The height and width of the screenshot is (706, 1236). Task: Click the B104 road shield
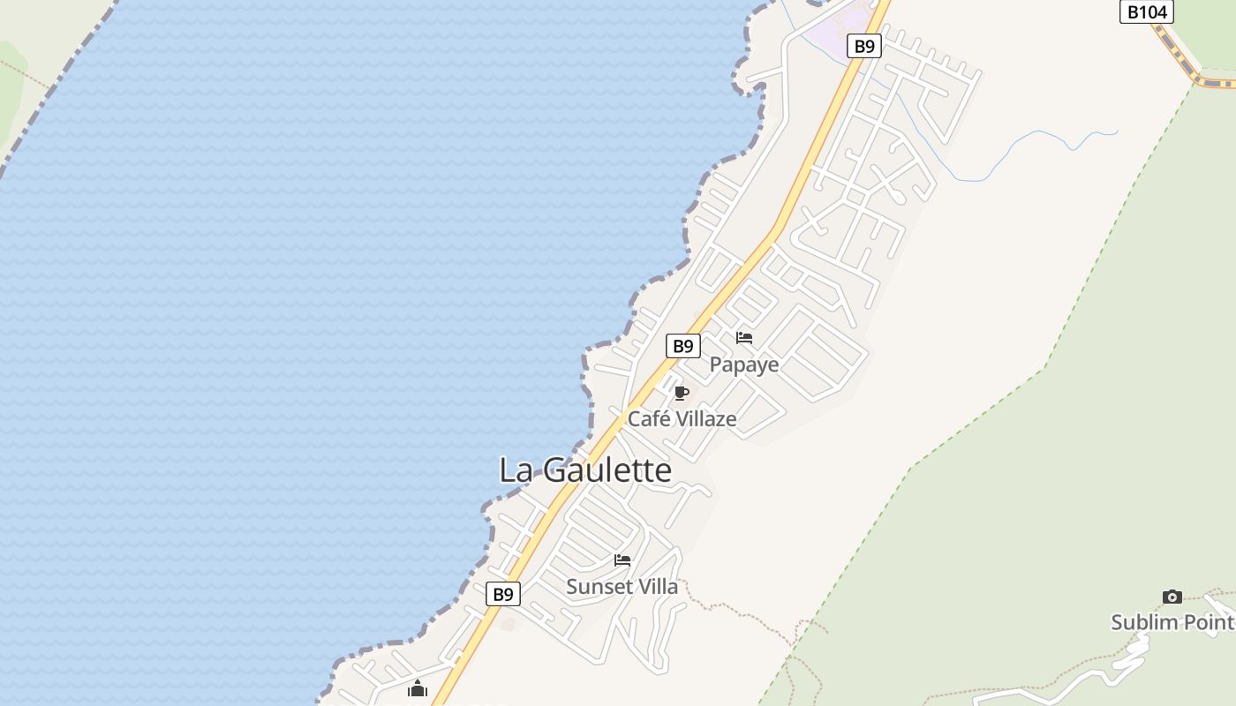coord(1146,11)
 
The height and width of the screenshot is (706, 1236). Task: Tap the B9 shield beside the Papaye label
coord(682,346)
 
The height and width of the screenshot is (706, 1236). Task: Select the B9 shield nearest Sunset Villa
coord(502,594)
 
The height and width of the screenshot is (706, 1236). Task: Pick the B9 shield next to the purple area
coord(863,46)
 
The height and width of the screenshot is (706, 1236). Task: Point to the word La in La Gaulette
coord(516,470)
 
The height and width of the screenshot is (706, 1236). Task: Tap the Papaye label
coord(744,364)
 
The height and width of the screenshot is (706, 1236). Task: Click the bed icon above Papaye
coord(744,338)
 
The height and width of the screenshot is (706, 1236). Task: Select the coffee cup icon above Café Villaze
coord(681,393)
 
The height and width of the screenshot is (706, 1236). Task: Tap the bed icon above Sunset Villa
coord(622,560)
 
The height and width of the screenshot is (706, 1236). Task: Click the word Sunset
coord(596,587)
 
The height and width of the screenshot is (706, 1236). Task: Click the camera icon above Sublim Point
coord(1172,597)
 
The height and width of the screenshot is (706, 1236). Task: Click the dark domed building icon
coord(418,688)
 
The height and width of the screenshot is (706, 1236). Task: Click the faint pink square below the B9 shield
coord(509,624)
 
